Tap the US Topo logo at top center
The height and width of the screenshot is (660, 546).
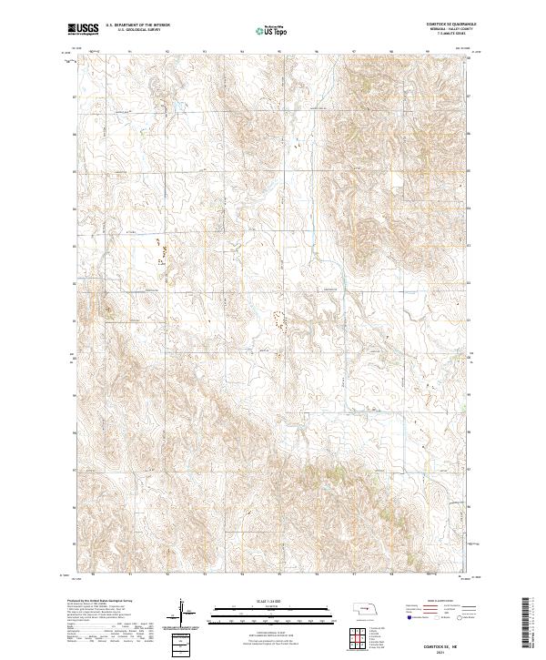pyautogui.click(x=263, y=31)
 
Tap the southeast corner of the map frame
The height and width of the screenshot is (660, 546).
pyautogui.click(x=470, y=575)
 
